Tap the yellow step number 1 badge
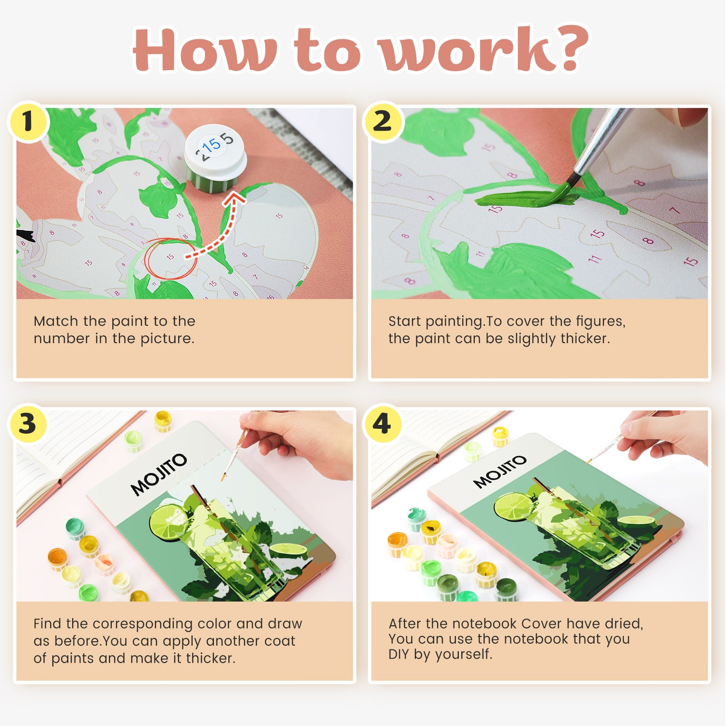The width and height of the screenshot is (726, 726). click(x=28, y=121)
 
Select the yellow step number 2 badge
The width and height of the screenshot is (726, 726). click(x=382, y=121)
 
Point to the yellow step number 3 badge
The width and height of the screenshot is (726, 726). click(x=28, y=424)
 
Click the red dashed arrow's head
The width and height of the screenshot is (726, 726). click(x=236, y=197)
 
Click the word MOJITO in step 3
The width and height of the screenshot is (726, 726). click(x=159, y=474)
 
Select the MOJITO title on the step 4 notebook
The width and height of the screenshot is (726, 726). click(x=499, y=471)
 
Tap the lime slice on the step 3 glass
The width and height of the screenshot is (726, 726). click(x=167, y=522)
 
